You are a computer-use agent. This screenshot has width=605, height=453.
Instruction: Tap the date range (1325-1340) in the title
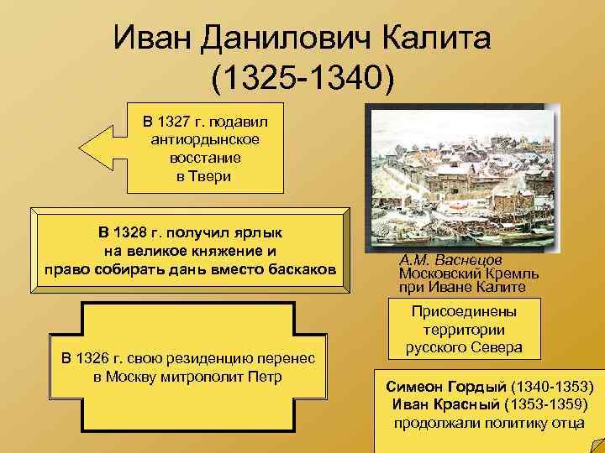(302, 80)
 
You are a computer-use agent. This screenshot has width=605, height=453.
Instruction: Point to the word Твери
(209, 176)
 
